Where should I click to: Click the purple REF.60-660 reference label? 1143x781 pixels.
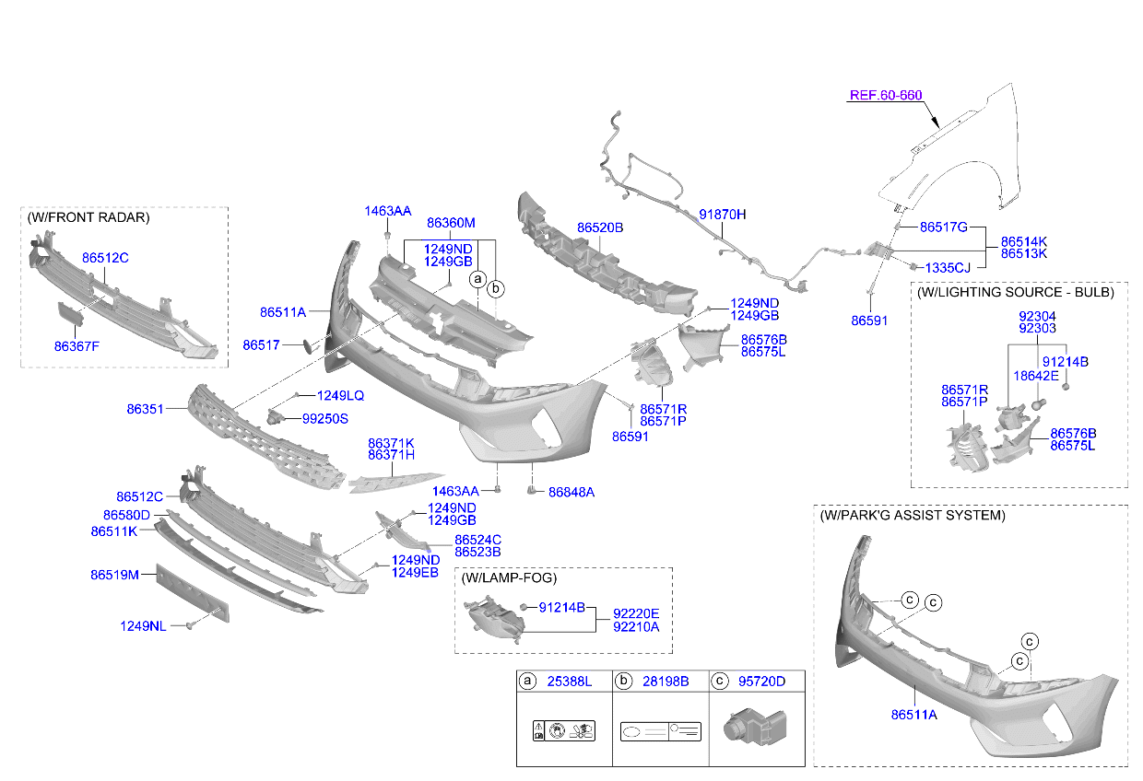[x=885, y=96]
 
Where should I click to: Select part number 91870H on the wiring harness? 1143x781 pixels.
[x=722, y=215]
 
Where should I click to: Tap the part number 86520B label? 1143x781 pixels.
[x=599, y=227]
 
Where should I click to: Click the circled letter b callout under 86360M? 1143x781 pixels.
[x=496, y=289]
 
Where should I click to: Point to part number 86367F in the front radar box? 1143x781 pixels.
[x=77, y=346]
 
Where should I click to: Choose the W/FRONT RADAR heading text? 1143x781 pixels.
[x=88, y=217]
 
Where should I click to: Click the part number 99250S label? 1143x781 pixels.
[x=325, y=419]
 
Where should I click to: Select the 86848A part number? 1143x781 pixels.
[x=571, y=493]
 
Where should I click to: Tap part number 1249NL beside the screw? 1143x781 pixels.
[x=143, y=626]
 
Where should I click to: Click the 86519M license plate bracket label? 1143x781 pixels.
[x=114, y=575]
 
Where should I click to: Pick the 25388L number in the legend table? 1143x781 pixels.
[x=569, y=682]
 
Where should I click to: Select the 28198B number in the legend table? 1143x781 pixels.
[x=666, y=682]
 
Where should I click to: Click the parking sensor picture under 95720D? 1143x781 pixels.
[x=755, y=727]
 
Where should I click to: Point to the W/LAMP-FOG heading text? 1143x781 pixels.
[x=509, y=578]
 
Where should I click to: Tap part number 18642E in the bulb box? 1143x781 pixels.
[x=1036, y=377]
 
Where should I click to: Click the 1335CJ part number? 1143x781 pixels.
[x=948, y=268]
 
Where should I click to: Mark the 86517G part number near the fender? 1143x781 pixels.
[x=944, y=227]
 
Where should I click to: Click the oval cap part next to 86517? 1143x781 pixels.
[x=309, y=346]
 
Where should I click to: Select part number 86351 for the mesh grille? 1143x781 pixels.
[x=145, y=409]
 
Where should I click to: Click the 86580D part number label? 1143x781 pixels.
[x=126, y=516]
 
